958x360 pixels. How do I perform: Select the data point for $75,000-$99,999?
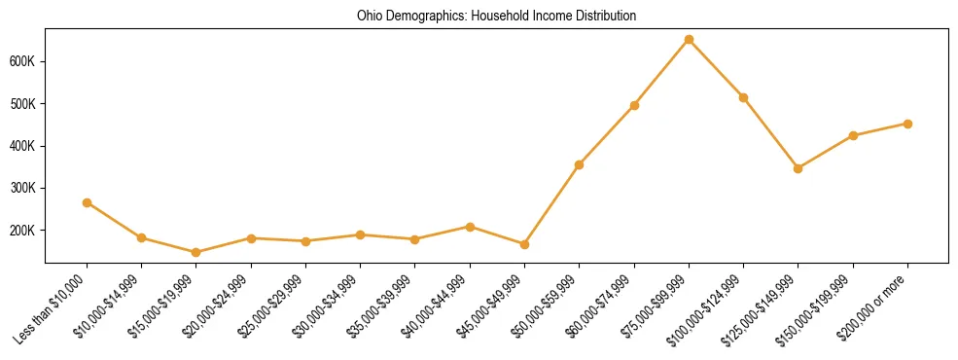coord(689,40)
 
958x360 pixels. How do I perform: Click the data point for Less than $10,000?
coord(87,202)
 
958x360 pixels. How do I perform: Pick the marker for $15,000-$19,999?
coord(196,252)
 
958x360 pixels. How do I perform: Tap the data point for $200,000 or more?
coord(907,124)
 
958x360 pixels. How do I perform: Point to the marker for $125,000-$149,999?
coord(798,168)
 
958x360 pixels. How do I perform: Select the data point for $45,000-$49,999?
coord(524,244)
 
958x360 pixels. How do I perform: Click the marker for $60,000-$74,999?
coord(634,105)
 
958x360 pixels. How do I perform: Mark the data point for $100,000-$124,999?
coord(743,97)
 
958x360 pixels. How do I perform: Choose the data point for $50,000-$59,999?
coord(579,164)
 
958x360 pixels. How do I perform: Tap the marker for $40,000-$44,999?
coord(470,227)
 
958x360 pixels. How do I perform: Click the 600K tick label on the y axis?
coord(21,61)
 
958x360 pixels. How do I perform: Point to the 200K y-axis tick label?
coord(21,231)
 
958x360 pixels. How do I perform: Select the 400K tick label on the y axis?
coord(21,146)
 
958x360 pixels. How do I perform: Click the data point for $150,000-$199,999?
coord(853,135)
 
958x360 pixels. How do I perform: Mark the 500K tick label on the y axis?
coord(21,104)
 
